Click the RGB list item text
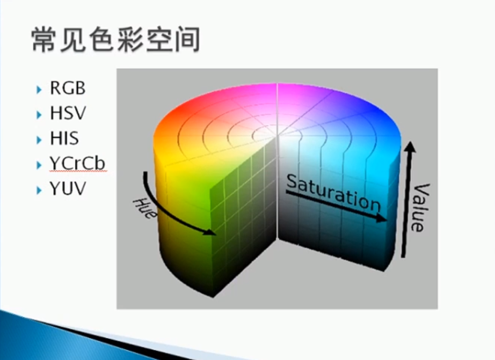[68, 89]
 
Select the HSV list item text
[68, 114]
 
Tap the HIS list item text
[64, 139]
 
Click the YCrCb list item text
[77, 164]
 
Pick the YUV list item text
[68, 189]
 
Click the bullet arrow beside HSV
[39, 115]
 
